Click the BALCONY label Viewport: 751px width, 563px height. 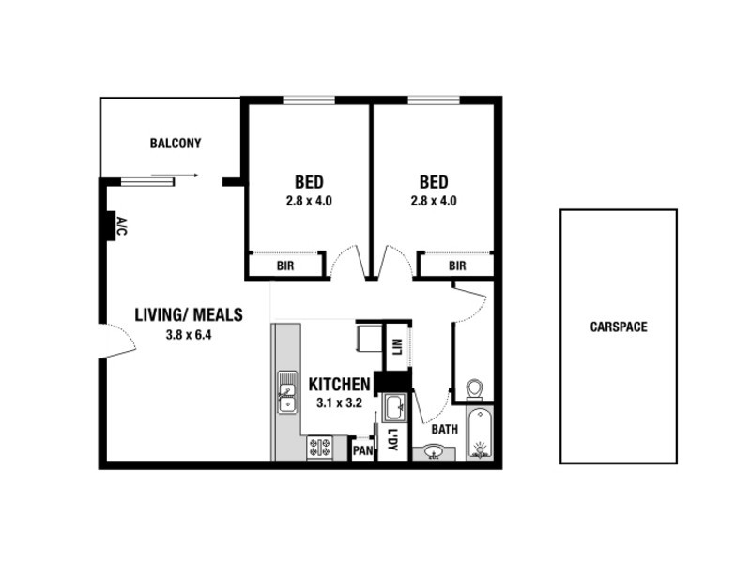click(x=176, y=144)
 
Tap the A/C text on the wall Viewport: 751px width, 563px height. click(x=122, y=225)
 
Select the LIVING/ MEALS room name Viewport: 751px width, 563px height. click(x=189, y=315)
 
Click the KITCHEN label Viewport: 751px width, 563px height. click(x=339, y=385)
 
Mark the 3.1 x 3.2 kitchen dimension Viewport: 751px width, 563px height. click(x=338, y=403)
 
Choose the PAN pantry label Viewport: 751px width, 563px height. click(x=363, y=451)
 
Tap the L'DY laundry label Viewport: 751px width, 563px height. click(x=392, y=440)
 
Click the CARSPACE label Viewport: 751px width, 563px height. click(x=619, y=327)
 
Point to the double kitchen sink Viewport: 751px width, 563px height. click(x=285, y=392)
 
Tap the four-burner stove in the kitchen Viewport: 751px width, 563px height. click(x=319, y=449)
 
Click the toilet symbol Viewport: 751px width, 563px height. click(x=475, y=388)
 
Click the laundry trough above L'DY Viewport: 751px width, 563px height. click(x=394, y=407)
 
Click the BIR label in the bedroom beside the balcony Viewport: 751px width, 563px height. click(x=286, y=266)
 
